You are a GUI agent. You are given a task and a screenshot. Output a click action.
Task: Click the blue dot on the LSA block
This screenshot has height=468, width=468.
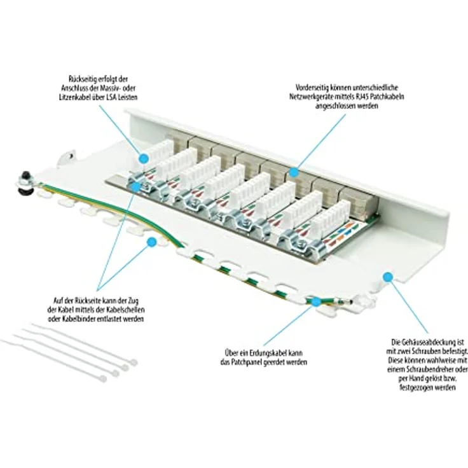click(x=143, y=157)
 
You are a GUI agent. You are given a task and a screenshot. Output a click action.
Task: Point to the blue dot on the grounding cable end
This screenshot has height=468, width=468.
click(x=317, y=302)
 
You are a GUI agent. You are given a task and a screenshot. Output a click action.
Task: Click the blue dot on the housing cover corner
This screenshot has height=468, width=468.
click(x=387, y=276)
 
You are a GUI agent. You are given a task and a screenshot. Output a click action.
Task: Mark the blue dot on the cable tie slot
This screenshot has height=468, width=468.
click(x=151, y=242)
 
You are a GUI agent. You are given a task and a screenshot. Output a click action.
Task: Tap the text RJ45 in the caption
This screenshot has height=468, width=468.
click(x=362, y=97)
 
